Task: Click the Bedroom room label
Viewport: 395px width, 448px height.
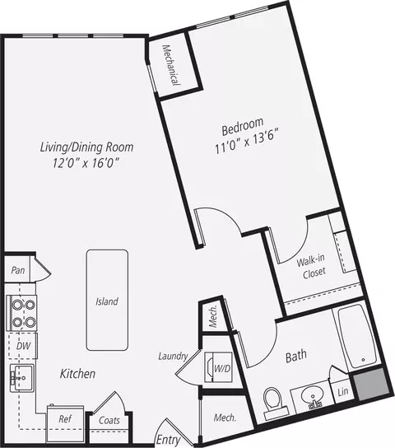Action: (243, 126)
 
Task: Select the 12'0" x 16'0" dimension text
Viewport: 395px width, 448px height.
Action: (86, 163)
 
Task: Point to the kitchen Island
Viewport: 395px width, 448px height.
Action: (107, 300)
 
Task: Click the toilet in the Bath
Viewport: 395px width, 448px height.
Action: (274, 403)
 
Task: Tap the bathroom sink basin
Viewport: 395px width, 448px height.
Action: (313, 396)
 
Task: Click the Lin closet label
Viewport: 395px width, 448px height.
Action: (342, 391)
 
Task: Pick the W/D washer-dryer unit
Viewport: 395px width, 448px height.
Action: (218, 367)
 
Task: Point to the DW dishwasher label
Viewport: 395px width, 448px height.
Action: (23, 346)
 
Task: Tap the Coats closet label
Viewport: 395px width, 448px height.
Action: (109, 420)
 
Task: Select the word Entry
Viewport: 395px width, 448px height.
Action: (169, 440)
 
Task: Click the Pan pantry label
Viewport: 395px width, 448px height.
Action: (18, 270)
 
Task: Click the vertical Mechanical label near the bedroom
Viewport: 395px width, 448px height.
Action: (171, 65)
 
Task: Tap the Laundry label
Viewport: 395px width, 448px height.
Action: (173, 356)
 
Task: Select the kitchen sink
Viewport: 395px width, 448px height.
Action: (22, 378)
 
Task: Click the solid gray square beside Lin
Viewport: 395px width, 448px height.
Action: (372, 385)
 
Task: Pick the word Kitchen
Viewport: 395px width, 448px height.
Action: (77, 374)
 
